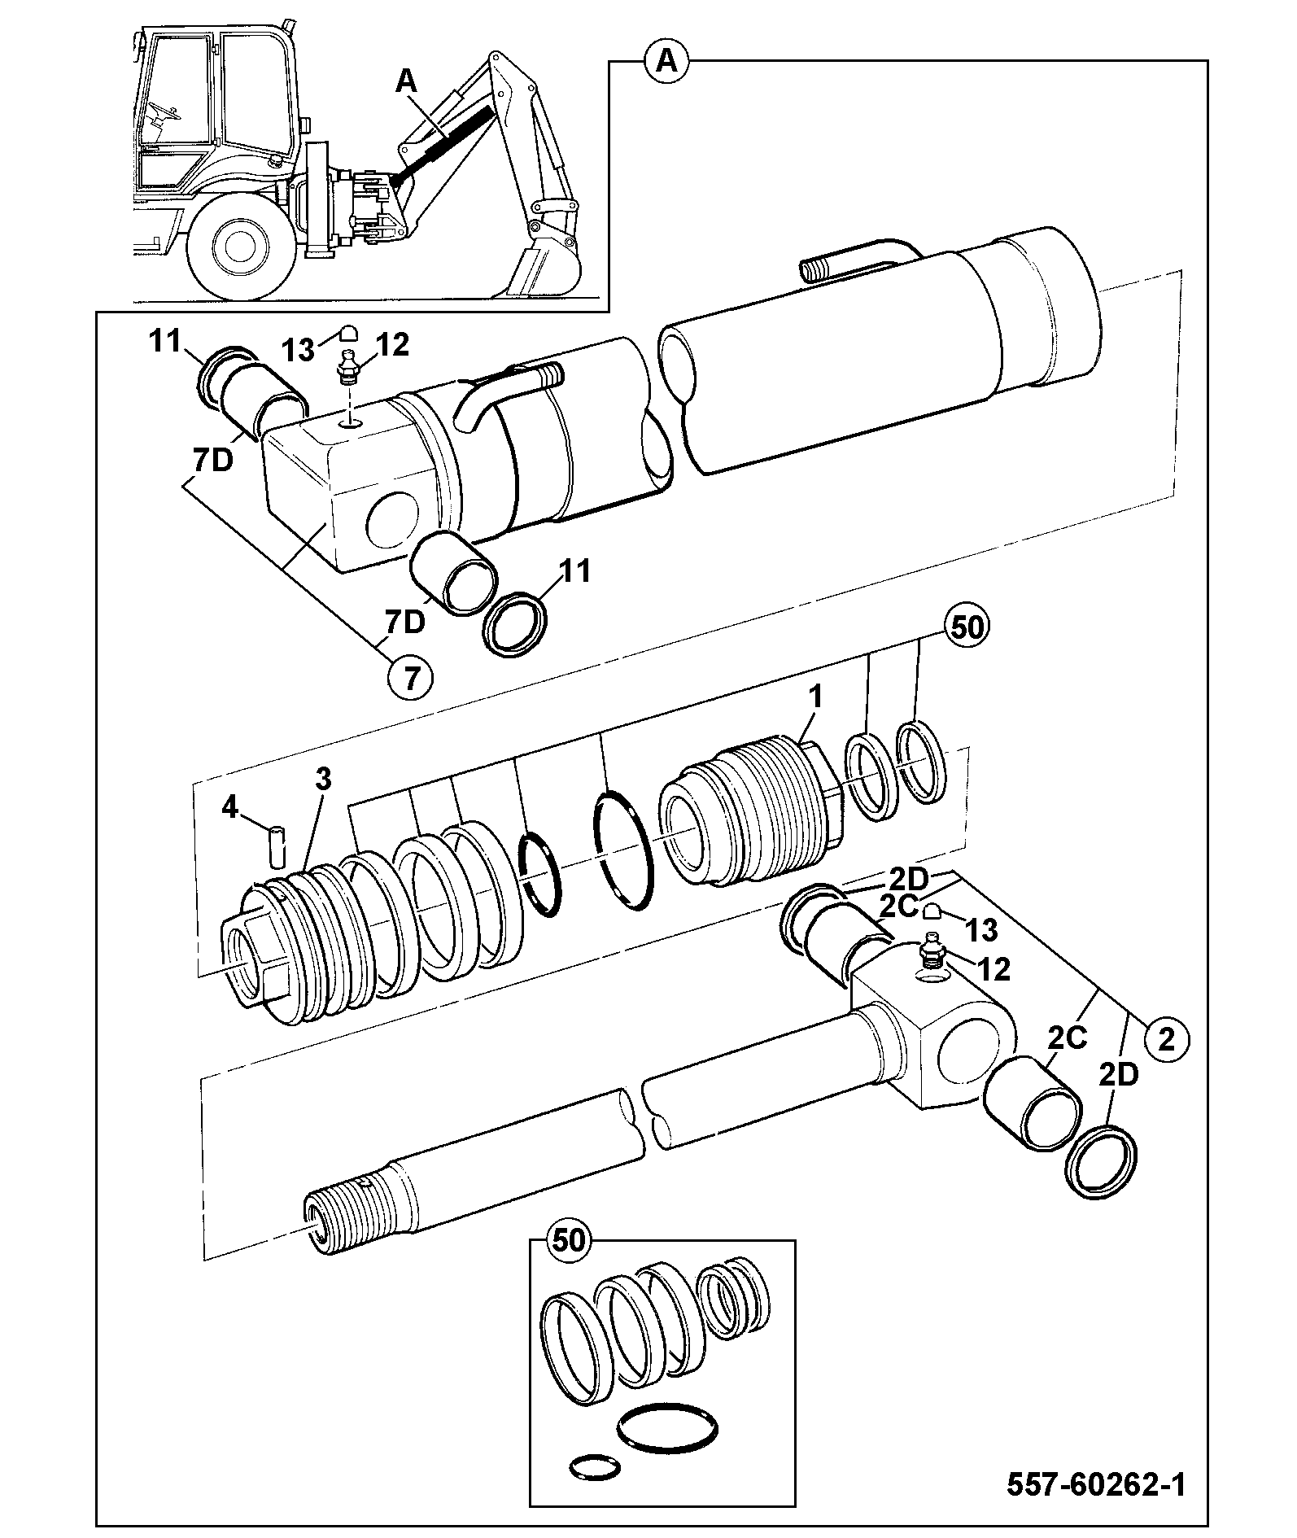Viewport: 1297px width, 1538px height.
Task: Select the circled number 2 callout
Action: click(1166, 1040)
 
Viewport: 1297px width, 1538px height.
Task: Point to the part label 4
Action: click(230, 810)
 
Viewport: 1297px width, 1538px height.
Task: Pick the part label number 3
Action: click(324, 780)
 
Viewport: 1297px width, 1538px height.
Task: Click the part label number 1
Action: click(816, 697)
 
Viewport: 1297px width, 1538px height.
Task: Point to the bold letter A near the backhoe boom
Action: click(407, 82)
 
